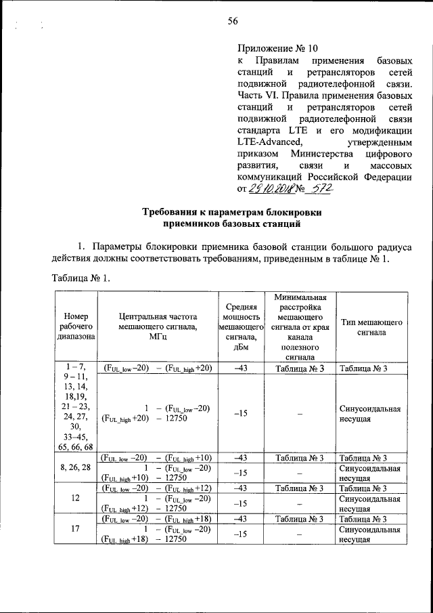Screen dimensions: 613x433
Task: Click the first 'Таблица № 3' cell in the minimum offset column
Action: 300,368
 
